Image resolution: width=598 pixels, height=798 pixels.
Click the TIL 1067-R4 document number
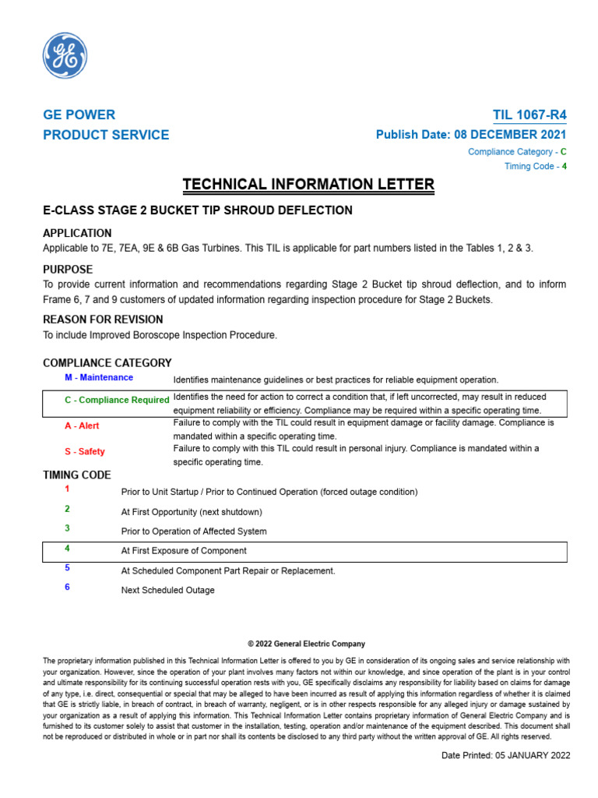point(529,115)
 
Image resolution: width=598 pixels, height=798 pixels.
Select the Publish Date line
point(471,135)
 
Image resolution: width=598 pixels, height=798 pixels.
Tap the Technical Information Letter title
point(308,185)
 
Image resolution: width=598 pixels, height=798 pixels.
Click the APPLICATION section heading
point(77,233)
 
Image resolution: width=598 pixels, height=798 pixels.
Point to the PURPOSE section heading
point(68,270)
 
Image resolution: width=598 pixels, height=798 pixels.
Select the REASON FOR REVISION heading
point(103,320)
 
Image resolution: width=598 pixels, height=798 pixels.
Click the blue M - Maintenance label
point(99,378)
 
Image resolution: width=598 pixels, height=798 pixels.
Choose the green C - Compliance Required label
point(117,400)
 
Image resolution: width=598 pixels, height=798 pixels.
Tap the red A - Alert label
point(82,426)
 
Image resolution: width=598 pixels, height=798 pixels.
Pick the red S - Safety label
point(84,452)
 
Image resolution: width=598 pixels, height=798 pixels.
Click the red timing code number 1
point(67,489)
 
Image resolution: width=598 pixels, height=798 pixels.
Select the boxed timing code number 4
point(67,549)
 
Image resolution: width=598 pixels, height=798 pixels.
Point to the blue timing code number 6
point(67,588)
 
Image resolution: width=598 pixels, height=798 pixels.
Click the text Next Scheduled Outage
point(167,591)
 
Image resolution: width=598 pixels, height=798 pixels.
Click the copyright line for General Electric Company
point(306,644)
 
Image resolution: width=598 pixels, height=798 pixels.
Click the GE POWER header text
point(79,115)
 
